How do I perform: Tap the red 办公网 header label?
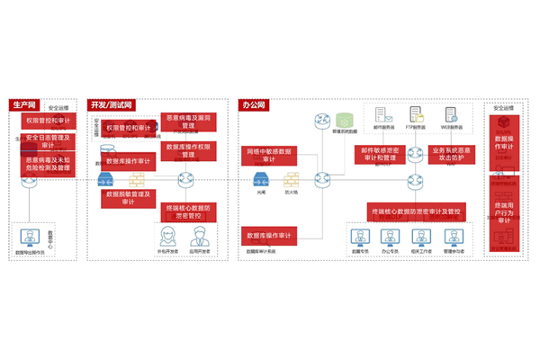[x=254, y=104]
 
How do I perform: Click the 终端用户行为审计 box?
[x=505, y=211]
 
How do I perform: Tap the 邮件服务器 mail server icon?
[x=381, y=115]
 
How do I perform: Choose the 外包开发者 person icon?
[x=166, y=236]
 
